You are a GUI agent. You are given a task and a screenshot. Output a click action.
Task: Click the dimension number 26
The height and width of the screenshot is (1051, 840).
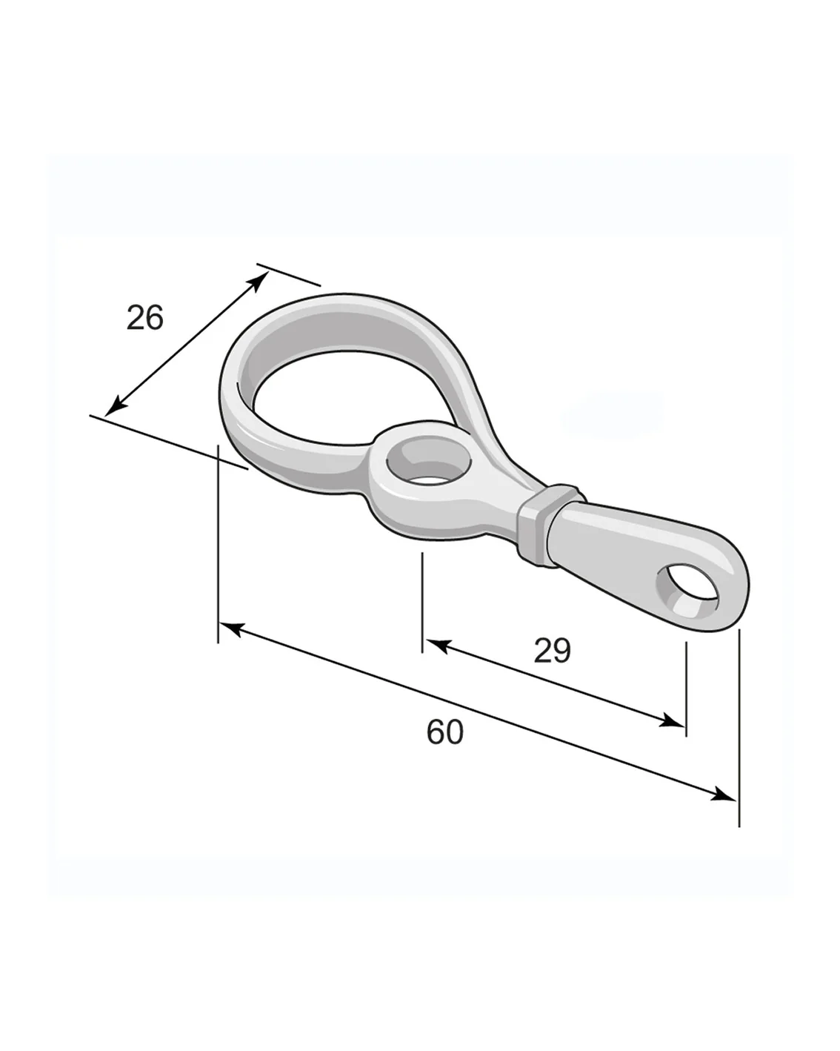pyautogui.click(x=144, y=317)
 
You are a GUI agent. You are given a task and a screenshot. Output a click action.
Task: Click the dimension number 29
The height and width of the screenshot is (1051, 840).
pyautogui.click(x=552, y=651)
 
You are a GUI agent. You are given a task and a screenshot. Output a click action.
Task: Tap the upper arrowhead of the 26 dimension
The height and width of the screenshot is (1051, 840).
pyautogui.click(x=260, y=282)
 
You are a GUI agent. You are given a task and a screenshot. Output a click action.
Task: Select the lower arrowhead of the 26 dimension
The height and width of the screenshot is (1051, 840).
pyautogui.click(x=114, y=406)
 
